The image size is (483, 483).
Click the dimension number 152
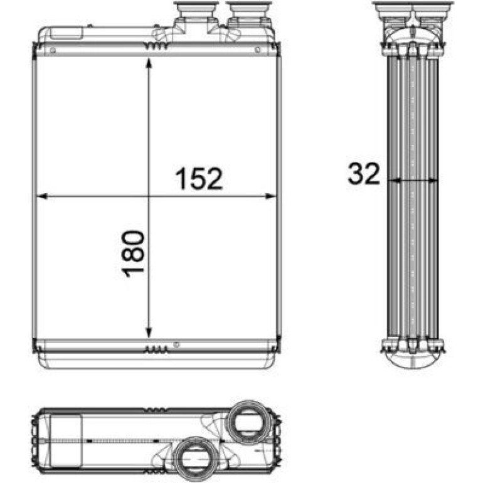[199, 178]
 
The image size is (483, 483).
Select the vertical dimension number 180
[133, 254]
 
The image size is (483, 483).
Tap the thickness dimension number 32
[364, 173]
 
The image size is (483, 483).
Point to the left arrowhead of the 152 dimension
[41, 196]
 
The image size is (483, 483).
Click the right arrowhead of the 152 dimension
[271, 196]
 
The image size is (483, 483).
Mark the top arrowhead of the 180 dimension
[149, 64]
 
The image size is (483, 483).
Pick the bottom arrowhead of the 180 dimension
[149, 332]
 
